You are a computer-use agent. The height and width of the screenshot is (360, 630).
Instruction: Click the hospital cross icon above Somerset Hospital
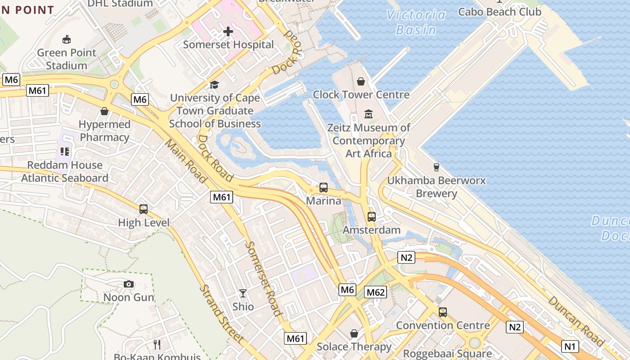228,31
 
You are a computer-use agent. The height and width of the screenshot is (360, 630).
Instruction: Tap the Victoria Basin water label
416,22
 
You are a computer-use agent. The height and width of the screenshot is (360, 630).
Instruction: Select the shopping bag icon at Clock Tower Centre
361,81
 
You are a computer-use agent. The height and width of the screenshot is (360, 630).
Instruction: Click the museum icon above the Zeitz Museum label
369,114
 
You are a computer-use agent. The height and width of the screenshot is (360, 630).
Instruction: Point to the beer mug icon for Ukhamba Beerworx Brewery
436,167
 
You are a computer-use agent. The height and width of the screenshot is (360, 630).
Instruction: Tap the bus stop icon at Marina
324,188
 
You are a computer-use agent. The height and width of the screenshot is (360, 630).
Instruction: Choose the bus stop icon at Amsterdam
372,217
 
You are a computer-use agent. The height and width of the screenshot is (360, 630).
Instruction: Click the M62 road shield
376,292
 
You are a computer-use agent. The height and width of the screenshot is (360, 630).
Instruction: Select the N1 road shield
570,346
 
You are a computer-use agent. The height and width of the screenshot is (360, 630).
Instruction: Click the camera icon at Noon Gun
129,284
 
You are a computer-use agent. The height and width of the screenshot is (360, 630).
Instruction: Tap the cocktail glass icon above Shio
243,293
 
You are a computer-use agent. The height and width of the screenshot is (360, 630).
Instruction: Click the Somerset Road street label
264,279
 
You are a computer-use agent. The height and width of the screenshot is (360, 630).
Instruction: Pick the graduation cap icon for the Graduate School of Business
215,85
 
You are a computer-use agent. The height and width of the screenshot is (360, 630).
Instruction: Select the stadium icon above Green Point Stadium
67,40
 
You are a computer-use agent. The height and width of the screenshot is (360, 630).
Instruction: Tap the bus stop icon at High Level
144,209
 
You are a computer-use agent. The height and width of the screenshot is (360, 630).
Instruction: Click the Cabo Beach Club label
499,12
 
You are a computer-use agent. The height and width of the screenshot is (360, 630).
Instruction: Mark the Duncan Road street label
576,321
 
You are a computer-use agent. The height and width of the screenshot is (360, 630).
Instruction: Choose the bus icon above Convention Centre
443,312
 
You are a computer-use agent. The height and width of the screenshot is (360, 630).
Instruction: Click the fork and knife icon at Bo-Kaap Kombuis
157,345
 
